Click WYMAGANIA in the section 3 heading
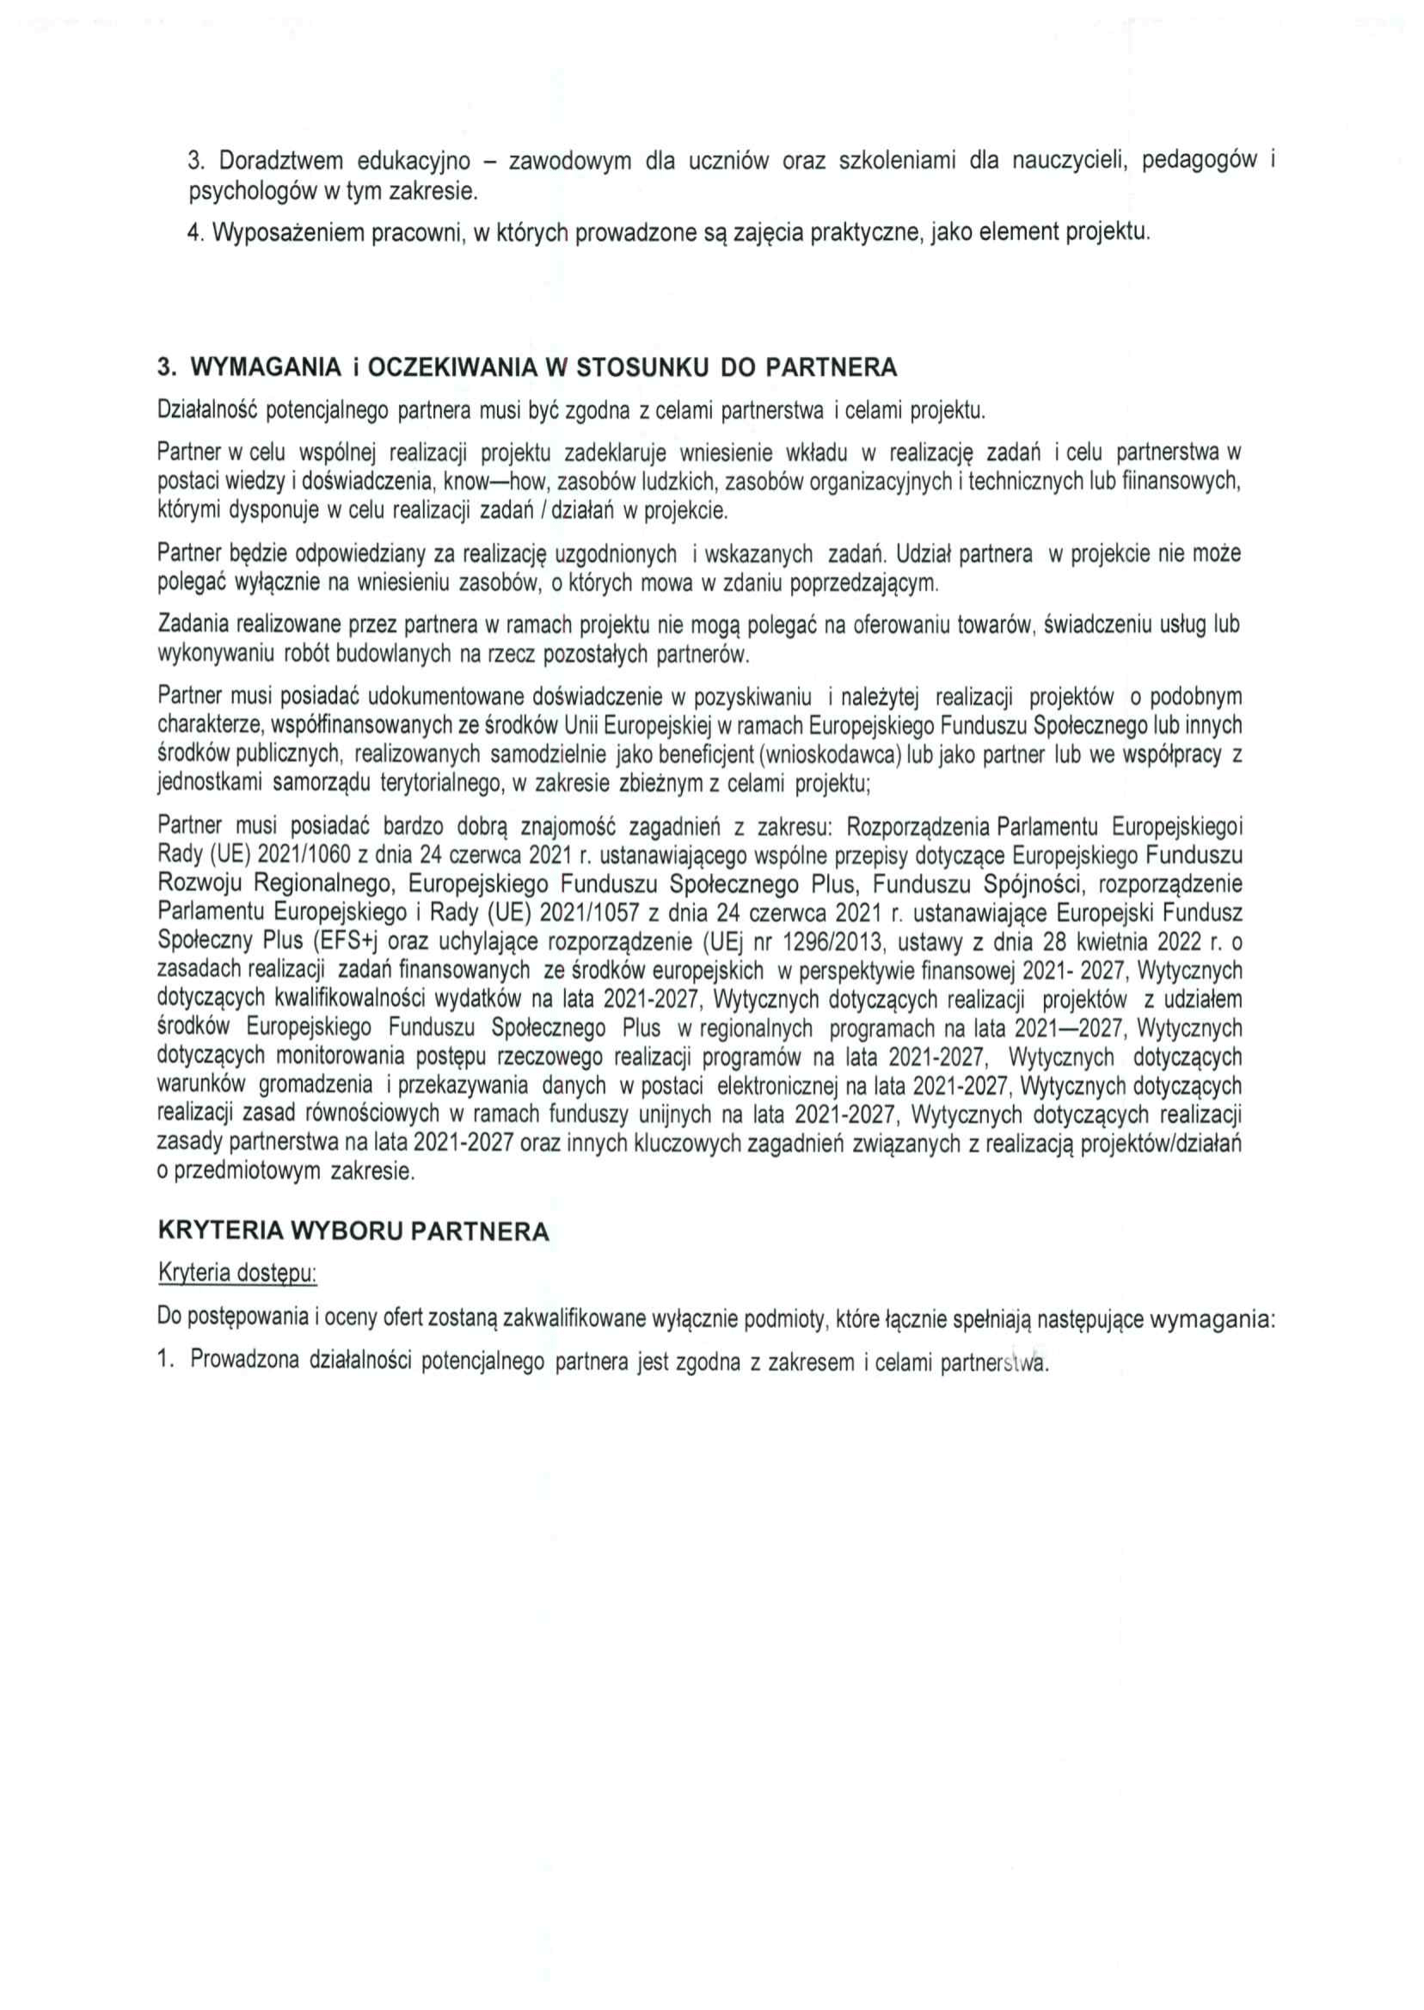[265, 368]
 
